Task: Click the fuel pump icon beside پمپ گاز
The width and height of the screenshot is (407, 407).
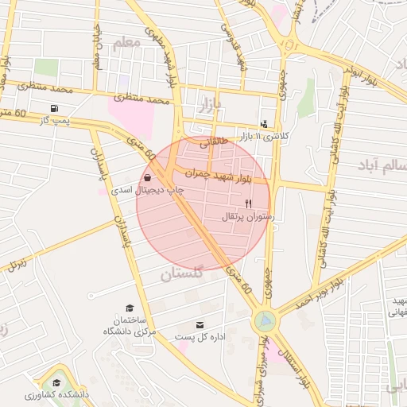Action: click(54, 108)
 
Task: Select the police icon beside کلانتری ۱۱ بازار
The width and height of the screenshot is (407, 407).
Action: click(264, 124)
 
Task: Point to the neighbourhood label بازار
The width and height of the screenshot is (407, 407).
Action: click(204, 103)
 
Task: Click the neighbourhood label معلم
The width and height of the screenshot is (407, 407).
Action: click(126, 45)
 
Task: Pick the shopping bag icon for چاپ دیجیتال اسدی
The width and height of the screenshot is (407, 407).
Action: click(150, 177)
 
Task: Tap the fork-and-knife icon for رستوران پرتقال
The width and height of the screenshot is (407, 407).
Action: click(249, 203)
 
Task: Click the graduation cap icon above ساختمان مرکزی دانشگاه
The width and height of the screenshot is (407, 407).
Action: click(130, 308)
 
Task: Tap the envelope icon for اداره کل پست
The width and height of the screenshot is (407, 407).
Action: click(199, 324)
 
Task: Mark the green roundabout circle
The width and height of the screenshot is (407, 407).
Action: click(264, 321)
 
